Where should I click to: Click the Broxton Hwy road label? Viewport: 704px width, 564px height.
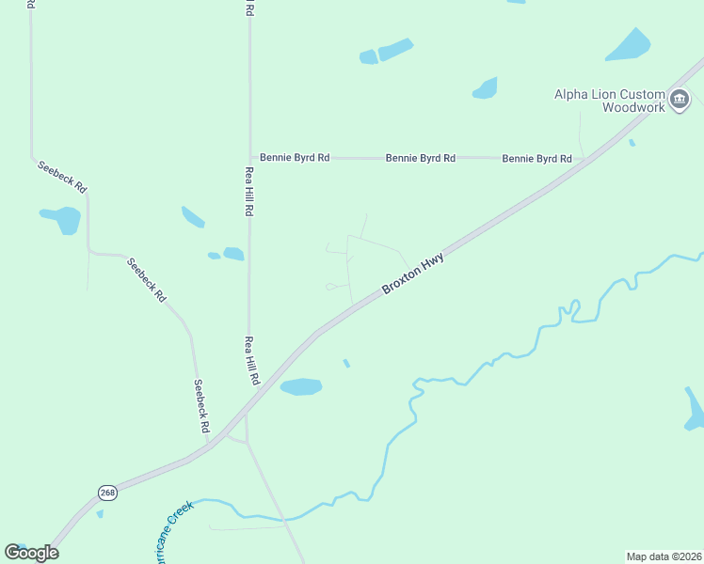pyautogui.click(x=412, y=274)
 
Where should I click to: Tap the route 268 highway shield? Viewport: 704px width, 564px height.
pyautogui.click(x=106, y=492)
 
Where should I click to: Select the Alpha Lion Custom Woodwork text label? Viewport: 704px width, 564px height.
pyautogui.click(x=609, y=101)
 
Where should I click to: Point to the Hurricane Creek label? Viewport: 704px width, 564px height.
pyautogui.click(x=167, y=532)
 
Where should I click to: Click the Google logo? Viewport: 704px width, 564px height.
pyautogui.click(x=31, y=553)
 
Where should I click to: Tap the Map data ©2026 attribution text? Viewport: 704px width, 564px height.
pyautogui.click(x=664, y=556)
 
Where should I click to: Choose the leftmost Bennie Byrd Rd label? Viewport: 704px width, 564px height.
pyautogui.click(x=295, y=158)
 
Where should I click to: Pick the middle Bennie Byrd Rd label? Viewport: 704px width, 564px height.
pyautogui.click(x=421, y=158)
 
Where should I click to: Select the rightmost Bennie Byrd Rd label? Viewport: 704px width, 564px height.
pyautogui.click(x=536, y=159)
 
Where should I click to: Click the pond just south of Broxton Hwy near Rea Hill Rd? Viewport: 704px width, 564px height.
pyautogui.click(x=301, y=386)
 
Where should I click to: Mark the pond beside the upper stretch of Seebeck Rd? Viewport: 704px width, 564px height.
pyautogui.click(x=62, y=220)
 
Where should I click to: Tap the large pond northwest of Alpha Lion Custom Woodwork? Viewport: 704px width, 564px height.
pyautogui.click(x=628, y=44)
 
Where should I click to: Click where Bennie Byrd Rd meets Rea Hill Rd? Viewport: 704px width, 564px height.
pyautogui.click(x=249, y=157)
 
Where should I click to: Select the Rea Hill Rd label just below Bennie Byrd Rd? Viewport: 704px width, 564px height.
pyautogui.click(x=249, y=192)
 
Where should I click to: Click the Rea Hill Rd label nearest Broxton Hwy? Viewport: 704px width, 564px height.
pyautogui.click(x=251, y=361)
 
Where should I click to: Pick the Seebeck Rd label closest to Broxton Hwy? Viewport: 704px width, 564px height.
pyautogui.click(x=200, y=406)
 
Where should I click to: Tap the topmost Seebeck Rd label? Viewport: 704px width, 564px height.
pyautogui.click(x=62, y=177)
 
